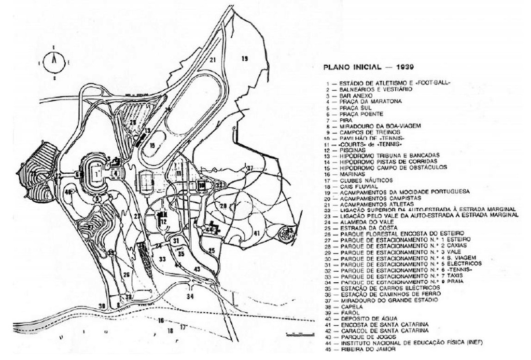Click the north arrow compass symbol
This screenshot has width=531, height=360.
coord(55,61)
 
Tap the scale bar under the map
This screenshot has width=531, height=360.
coord(293,334)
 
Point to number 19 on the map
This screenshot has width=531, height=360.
coord(244,59)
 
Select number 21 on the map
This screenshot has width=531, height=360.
coord(211,60)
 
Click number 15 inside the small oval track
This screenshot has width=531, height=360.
coord(152,145)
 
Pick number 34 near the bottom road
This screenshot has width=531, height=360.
coord(190,296)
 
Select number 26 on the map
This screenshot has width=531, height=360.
coord(126,275)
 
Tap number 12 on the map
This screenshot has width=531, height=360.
coord(164,222)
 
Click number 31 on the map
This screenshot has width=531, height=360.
coord(176,240)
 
